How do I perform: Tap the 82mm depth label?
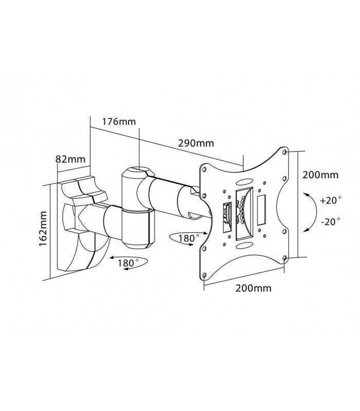[x=70, y=159]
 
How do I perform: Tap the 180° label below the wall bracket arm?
[x=129, y=263]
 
